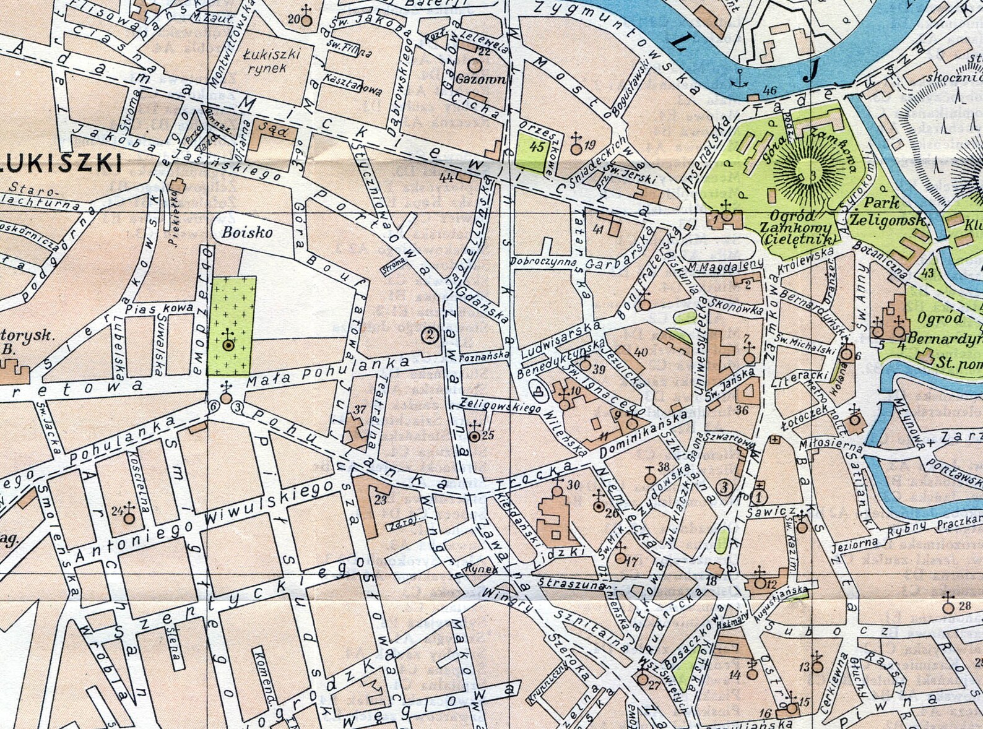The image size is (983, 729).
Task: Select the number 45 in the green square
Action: [x=537, y=147]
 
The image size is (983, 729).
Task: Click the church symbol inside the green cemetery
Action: [x=228, y=342]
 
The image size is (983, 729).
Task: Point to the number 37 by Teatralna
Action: [x=360, y=410]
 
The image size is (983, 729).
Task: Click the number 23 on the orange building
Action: [x=381, y=499]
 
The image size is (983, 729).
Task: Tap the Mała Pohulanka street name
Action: [x=328, y=372]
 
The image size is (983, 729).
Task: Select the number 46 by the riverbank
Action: [x=769, y=90]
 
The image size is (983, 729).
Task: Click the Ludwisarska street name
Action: [x=561, y=340]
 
